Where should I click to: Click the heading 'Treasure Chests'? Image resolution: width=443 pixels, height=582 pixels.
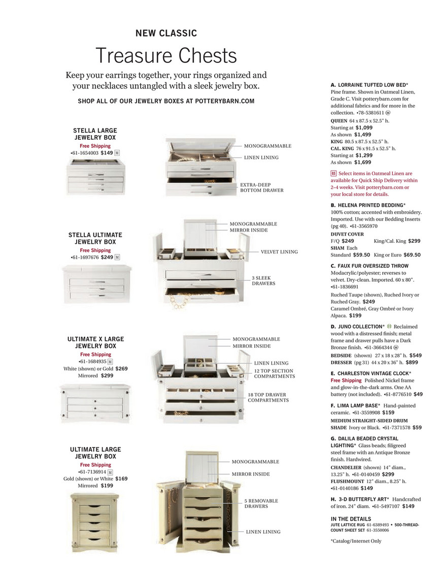166,55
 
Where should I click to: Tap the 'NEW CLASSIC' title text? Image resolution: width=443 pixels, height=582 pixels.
166,34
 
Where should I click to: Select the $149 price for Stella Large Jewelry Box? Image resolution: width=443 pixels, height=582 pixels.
107,152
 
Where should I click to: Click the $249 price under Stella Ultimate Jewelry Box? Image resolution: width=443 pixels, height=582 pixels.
107,257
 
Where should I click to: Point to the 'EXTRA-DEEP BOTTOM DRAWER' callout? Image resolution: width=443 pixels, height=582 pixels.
262,187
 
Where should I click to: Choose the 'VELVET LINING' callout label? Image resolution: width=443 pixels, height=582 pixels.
279,251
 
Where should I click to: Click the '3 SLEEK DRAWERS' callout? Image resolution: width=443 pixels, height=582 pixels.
263,281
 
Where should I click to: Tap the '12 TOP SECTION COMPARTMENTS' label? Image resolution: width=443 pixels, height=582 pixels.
274,373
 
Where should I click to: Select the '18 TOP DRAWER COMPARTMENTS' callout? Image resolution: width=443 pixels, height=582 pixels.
268,397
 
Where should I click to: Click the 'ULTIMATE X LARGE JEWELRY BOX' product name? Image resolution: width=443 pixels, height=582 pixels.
95,342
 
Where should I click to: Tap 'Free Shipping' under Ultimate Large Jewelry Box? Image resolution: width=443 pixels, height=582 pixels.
95,465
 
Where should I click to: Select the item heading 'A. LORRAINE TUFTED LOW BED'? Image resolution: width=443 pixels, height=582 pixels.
369,85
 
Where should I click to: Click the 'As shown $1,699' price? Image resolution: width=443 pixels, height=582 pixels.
351,163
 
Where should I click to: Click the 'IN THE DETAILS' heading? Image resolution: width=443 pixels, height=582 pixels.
351,519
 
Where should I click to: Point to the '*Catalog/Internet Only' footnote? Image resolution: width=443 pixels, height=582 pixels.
356,541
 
